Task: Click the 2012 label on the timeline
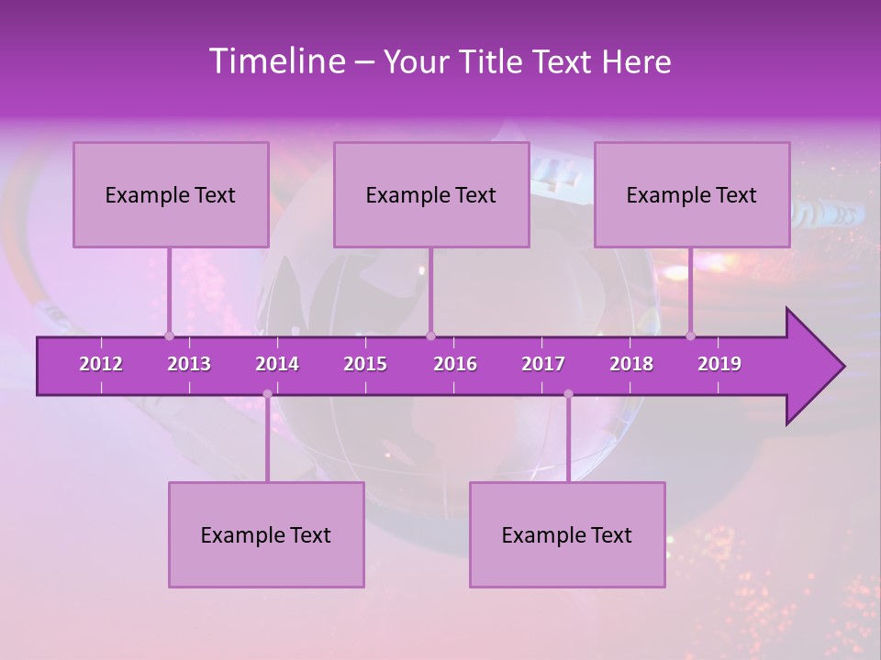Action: coord(101,364)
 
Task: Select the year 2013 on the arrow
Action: coord(189,364)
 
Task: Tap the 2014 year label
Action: coord(277,364)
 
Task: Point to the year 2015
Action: coord(365,364)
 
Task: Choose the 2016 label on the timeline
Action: coord(455,364)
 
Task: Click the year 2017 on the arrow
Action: coord(543,364)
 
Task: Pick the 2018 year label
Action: coord(631,364)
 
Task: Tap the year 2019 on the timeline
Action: coord(719,364)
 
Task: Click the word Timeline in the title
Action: coord(276,61)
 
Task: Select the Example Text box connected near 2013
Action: coord(171,194)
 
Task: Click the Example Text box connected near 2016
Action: coord(431,194)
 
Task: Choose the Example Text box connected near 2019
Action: coord(692,194)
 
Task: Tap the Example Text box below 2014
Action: coord(266,534)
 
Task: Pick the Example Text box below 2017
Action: coord(567,534)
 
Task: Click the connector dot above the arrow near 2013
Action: coord(169,335)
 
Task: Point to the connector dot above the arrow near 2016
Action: coord(430,335)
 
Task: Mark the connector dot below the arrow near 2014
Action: coord(267,394)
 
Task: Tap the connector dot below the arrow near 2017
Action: coord(568,394)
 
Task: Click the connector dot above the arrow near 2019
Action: coord(691,335)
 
